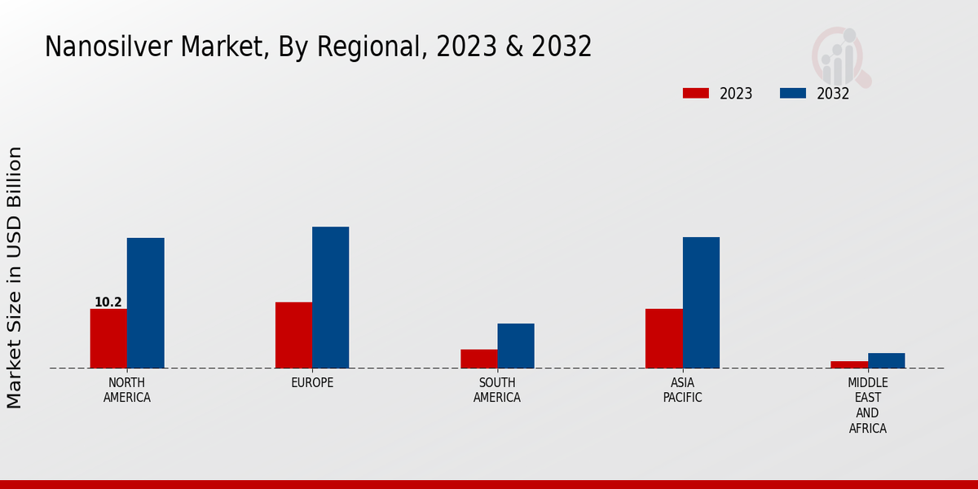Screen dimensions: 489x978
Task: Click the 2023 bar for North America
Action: click(x=108, y=338)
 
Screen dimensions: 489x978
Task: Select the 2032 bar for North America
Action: click(x=145, y=302)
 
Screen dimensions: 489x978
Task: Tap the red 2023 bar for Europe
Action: click(x=293, y=335)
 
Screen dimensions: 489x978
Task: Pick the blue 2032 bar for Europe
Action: click(x=330, y=297)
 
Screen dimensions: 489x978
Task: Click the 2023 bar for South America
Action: click(x=478, y=359)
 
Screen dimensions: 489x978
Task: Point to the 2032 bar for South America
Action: click(x=516, y=346)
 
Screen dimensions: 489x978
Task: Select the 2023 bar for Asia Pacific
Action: click(x=663, y=338)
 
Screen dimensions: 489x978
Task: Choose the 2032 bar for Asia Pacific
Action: click(x=701, y=302)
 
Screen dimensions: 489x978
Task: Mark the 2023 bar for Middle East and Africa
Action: click(x=848, y=364)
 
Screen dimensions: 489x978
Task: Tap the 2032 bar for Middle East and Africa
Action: click(x=886, y=360)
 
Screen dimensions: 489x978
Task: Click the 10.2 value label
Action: click(x=108, y=302)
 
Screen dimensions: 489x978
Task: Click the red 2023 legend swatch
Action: click(x=695, y=94)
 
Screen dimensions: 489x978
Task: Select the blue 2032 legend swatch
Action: click(x=792, y=94)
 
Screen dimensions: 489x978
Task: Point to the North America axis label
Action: click(x=127, y=390)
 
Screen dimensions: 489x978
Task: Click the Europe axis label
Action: click(x=312, y=383)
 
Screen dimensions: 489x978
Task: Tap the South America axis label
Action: click(x=497, y=390)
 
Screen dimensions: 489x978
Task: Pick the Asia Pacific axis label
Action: click(x=682, y=390)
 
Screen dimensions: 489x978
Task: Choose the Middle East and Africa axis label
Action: click(x=867, y=405)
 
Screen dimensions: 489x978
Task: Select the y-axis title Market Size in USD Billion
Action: click(x=15, y=277)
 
